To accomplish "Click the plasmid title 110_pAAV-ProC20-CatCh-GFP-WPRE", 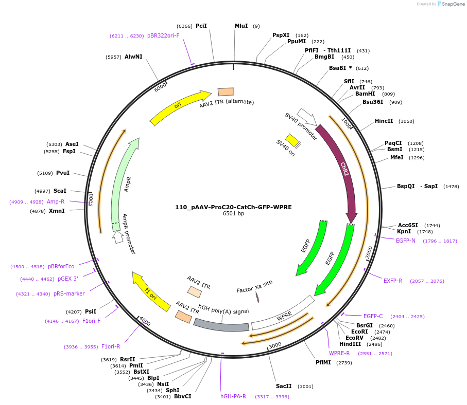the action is point(233,207).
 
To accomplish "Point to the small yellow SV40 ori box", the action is point(292,140).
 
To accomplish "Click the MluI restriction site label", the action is point(241,26).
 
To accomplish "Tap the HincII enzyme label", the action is point(384,121).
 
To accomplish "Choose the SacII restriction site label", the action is point(284,386).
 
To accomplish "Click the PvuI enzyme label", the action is point(63,173).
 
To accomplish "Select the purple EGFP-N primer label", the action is point(405,241).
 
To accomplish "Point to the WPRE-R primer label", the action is point(339,353).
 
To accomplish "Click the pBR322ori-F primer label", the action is point(163,36).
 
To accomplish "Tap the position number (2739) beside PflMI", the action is point(343,363).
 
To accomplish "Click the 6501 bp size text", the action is point(233,214).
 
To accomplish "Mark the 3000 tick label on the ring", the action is point(275,345).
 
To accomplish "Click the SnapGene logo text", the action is point(452,4).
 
